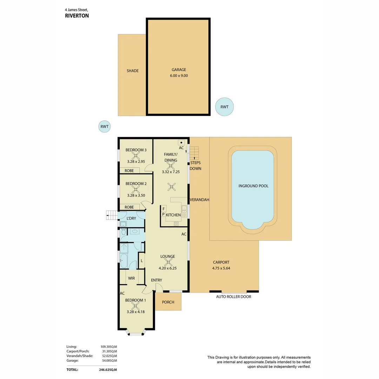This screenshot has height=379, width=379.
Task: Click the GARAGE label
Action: pyautogui.click(x=179, y=69)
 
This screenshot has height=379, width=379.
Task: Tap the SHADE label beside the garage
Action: pyautogui.click(x=132, y=71)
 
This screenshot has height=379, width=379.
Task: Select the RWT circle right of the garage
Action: pyautogui.click(x=224, y=107)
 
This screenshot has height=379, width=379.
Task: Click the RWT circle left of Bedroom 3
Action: pyautogui.click(x=104, y=127)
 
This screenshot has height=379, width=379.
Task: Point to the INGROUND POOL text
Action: pyautogui.click(x=253, y=186)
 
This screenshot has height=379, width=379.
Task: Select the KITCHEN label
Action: pyautogui.click(x=173, y=215)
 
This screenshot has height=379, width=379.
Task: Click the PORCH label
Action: pyautogui.click(x=168, y=302)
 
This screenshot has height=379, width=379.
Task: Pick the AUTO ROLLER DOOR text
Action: pyautogui.click(x=233, y=297)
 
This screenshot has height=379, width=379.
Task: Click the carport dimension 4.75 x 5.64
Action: pyautogui.click(x=221, y=268)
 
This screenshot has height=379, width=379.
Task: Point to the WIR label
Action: pyautogui.click(x=132, y=278)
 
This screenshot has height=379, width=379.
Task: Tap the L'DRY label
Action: pyautogui.click(x=131, y=219)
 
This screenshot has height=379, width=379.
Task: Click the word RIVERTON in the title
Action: pyautogui.click(x=77, y=16)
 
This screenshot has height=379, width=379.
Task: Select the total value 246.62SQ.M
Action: pyautogui.click(x=108, y=370)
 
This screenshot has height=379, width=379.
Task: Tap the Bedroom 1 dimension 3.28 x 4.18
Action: pyautogui.click(x=135, y=312)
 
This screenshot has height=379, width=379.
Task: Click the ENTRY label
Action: pyautogui.click(x=157, y=280)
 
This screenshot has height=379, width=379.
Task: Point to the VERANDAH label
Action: pyautogui.click(x=199, y=200)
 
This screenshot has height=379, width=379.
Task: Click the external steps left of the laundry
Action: pyautogui.click(x=112, y=215)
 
